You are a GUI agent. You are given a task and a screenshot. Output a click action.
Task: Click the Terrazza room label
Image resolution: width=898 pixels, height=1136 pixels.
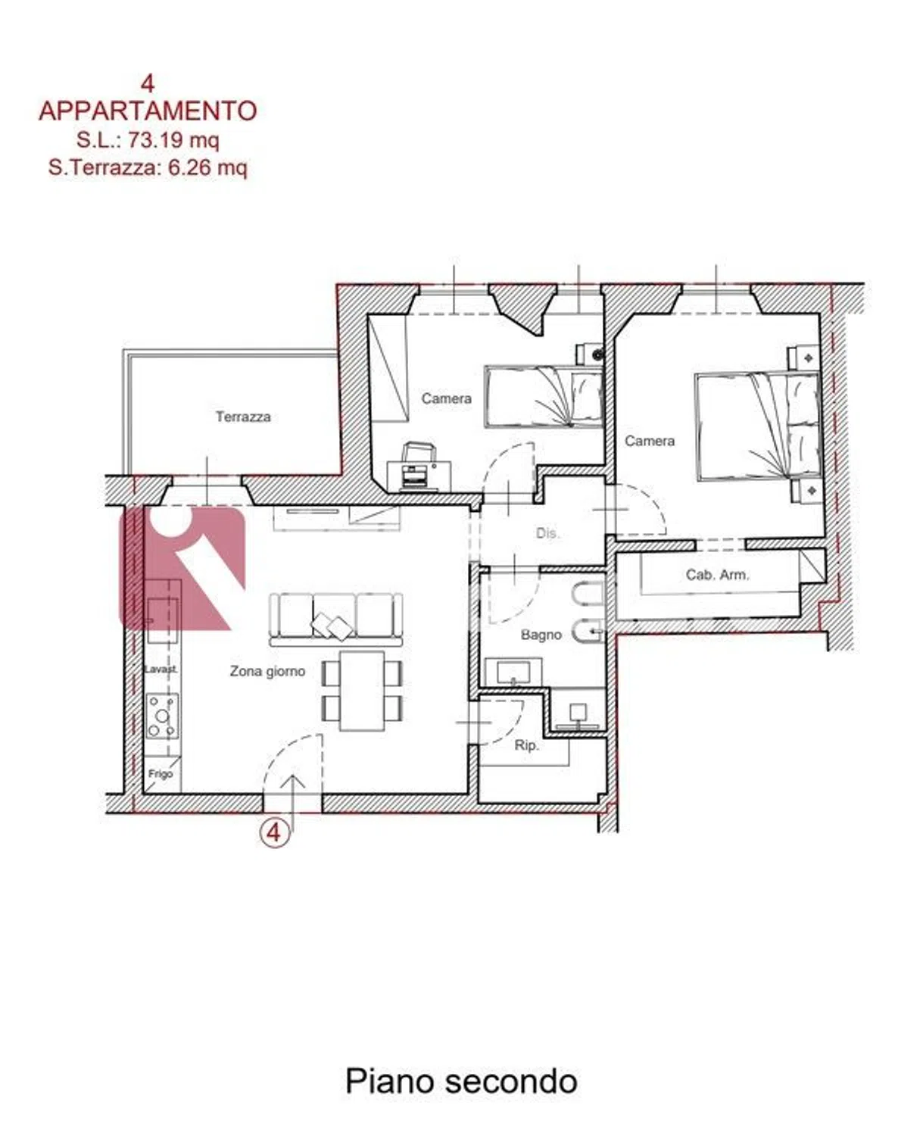243,417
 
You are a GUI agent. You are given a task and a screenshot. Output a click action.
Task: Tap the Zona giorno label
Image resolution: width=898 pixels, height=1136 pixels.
267,672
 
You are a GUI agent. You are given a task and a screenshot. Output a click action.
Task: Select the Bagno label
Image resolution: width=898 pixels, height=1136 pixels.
541,635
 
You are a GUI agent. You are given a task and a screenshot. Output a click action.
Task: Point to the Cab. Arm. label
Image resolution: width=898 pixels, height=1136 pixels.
718,575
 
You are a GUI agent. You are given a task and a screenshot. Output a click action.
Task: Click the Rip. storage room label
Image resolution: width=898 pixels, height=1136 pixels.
526,746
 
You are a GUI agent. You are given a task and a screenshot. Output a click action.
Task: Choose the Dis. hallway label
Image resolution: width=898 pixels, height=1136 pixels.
547,533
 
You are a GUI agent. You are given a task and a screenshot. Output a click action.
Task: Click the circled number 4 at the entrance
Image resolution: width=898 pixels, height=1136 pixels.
275,834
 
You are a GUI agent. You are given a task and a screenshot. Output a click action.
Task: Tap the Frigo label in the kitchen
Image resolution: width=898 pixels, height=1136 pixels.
161,775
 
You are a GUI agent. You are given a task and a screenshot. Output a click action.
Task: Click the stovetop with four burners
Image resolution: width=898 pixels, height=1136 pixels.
163,716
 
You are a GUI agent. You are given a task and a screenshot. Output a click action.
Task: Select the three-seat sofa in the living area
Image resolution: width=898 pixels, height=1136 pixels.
336,619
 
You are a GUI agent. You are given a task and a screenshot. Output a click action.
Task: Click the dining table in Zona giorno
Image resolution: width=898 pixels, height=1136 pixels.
362,691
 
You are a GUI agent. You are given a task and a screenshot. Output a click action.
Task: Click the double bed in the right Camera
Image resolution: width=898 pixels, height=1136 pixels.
758,427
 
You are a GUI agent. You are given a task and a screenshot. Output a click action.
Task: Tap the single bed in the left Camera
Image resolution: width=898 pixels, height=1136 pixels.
544,396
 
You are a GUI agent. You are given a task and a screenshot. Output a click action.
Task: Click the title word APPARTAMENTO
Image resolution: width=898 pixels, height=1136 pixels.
148,111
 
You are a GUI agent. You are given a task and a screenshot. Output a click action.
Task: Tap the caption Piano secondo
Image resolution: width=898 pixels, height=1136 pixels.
461,1082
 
